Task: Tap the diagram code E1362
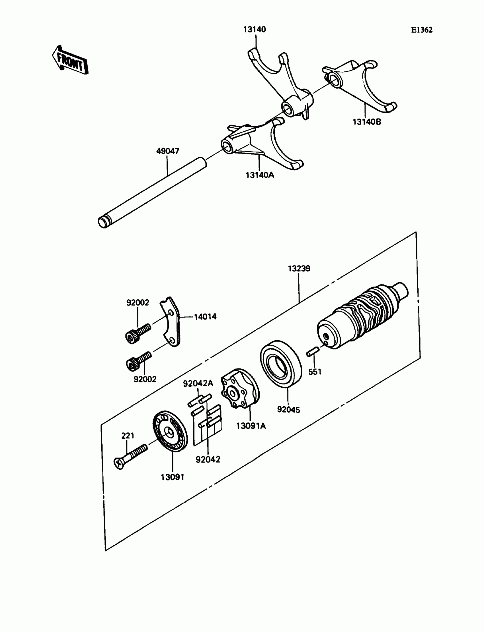coord(421,30)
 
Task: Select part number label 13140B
coord(367,122)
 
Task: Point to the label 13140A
coord(260,175)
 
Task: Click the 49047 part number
coord(168,151)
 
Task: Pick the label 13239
coord(299,268)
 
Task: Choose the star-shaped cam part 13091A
coord(240,388)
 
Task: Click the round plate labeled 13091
coord(170,431)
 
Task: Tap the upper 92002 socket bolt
coord(138,333)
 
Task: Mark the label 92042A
coord(198,383)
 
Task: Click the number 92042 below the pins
coord(208,459)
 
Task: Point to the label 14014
coord(205,317)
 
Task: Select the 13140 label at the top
coord(255,29)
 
